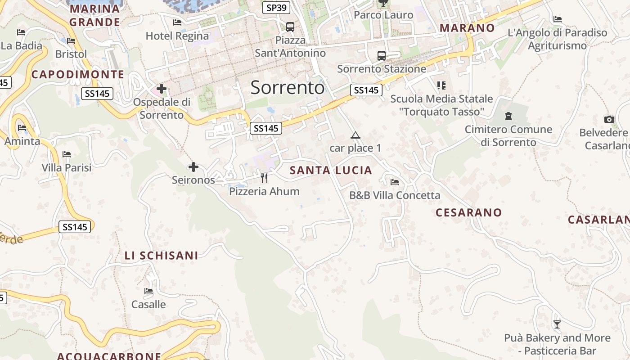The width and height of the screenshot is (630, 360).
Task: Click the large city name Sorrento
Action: pyautogui.click(x=287, y=87)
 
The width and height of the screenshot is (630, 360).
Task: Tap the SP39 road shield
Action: pyautogui.click(x=276, y=8)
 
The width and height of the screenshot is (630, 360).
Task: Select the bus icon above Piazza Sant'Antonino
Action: pyautogui.click(x=290, y=27)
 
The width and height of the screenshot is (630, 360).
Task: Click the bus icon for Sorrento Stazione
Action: pyautogui.click(x=382, y=56)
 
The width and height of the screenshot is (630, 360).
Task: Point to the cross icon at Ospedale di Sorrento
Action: pyautogui.click(x=162, y=89)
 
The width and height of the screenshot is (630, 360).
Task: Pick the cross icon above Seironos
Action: pyautogui.click(x=193, y=167)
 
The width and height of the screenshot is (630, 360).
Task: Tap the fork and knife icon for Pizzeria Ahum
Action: pyautogui.click(x=264, y=178)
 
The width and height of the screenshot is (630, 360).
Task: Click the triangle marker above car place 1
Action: pyautogui.click(x=355, y=135)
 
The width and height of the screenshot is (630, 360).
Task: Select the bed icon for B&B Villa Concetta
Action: pyautogui.click(x=395, y=182)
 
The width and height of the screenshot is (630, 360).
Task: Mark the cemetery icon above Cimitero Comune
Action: pyautogui.click(x=508, y=116)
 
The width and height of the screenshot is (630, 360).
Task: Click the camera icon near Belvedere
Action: pyautogui.click(x=609, y=119)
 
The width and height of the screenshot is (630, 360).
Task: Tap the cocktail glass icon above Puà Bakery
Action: pyautogui.click(x=557, y=324)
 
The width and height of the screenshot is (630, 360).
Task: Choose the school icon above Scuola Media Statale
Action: pyautogui.click(x=441, y=85)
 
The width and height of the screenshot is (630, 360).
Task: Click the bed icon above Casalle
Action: pyautogui.click(x=148, y=291)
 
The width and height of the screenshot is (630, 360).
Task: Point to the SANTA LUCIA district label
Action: pyautogui.click(x=331, y=170)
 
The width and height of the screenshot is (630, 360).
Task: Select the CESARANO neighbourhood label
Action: pyautogui.click(x=468, y=212)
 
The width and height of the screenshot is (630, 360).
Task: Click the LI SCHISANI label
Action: pyautogui.click(x=161, y=256)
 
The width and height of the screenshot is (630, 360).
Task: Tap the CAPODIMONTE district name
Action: pyautogui.click(x=77, y=74)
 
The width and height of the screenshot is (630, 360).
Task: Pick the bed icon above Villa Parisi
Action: pyautogui.click(x=67, y=154)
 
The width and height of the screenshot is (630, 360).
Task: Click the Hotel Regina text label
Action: pyautogui.click(x=177, y=36)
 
